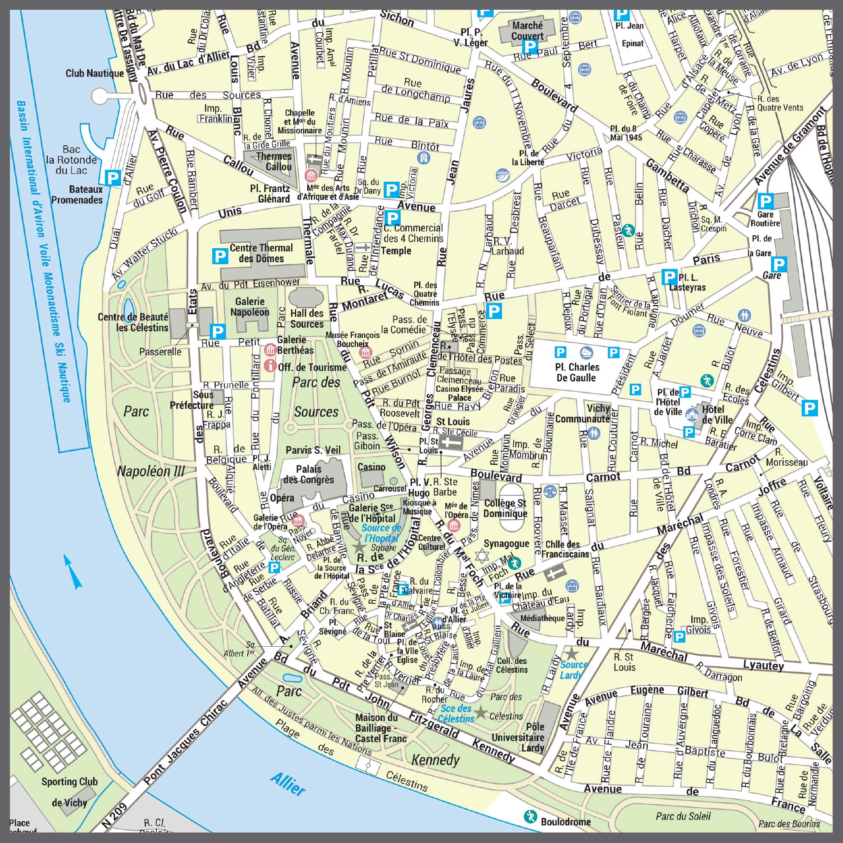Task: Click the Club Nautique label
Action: pyautogui.click(x=95, y=74)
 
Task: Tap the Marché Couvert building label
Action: pyautogui.click(x=528, y=31)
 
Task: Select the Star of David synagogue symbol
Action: pyautogui.click(x=482, y=556)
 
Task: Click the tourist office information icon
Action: pyautogui.click(x=271, y=365)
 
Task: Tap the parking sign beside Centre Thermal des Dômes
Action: pyautogui.click(x=220, y=256)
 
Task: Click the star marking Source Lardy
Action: pyautogui.click(x=571, y=653)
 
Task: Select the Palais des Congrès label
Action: pyautogui.click(x=308, y=474)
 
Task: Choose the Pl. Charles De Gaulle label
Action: pyautogui.click(x=577, y=372)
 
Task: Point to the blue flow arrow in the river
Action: pyautogui.click(x=72, y=571)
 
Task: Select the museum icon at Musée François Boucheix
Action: pyautogui.click(x=366, y=352)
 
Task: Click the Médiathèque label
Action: pyautogui.click(x=542, y=618)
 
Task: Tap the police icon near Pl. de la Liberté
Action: pyautogui.click(x=502, y=176)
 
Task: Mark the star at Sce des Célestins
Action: pyautogui.click(x=481, y=713)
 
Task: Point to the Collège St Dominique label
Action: pyautogui.click(x=505, y=508)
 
